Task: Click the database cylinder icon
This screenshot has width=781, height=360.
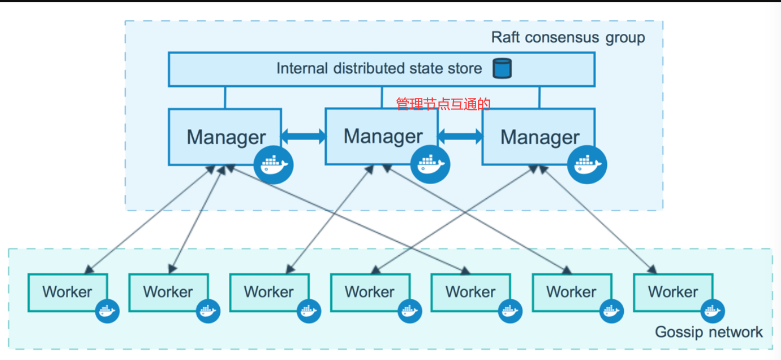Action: coord(502,68)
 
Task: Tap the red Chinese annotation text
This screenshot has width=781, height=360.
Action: coord(443,104)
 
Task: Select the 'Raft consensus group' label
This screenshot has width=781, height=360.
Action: coord(568,38)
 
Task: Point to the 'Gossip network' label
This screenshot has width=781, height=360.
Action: coord(709,332)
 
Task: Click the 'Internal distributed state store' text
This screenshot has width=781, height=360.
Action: coord(379,68)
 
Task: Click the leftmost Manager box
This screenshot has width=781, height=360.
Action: coord(225,137)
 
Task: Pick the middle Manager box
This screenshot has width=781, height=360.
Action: coord(382,136)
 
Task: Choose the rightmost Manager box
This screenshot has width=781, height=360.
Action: coord(539,137)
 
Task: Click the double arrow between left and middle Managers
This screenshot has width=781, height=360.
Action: coord(303,136)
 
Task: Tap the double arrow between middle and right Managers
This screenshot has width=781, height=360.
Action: coord(460,136)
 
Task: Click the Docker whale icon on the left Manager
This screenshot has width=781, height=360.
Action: coord(273,165)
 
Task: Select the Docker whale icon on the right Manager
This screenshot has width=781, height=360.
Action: coord(587,165)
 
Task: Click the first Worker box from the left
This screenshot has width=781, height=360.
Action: coord(68,292)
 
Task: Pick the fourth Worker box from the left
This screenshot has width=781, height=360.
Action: coord(370,292)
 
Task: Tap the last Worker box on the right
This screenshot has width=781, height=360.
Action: coord(673,292)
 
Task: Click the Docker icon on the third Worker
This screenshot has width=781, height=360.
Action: coord(309,311)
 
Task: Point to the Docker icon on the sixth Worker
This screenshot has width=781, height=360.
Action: coord(611,311)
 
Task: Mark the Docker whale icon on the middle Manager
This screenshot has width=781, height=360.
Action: coord(431,165)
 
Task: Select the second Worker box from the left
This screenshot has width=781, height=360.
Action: coord(168,292)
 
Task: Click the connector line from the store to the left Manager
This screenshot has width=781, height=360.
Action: coord(225,97)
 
